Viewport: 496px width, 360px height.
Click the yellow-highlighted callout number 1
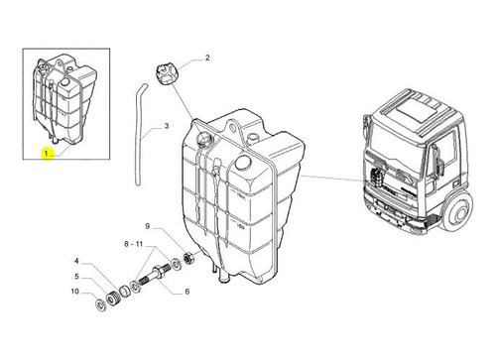[x=46, y=154]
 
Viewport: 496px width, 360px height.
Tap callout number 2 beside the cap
[x=207, y=58]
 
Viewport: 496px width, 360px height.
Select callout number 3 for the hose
[x=167, y=126]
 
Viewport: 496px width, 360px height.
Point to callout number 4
[x=76, y=261]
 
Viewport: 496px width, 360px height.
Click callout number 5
[x=76, y=277]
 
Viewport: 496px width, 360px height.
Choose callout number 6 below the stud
[x=187, y=292]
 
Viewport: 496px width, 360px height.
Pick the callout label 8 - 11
[x=133, y=244]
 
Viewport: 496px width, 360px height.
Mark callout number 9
[x=148, y=226]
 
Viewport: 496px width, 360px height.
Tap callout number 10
[x=75, y=292]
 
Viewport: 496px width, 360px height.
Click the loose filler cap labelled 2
[x=166, y=75]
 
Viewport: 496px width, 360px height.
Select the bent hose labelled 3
[x=140, y=134]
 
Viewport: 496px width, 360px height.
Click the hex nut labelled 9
[x=188, y=258]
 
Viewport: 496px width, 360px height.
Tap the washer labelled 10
[x=99, y=305]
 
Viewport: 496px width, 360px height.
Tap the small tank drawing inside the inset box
[x=63, y=99]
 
